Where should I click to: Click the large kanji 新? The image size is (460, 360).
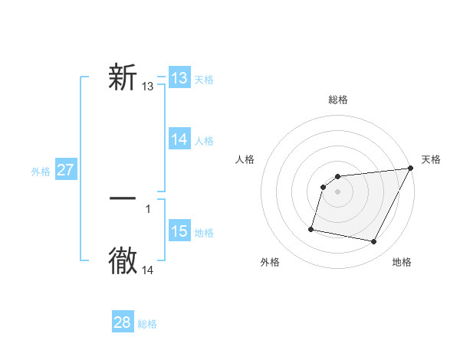click(123, 79)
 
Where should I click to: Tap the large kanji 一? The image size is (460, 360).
click(123, 198)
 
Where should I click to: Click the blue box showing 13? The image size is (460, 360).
click(179, 78)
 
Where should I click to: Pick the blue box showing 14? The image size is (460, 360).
click(179, 139)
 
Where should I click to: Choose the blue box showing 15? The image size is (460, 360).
click(179, 231)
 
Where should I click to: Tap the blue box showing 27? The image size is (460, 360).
click(66, 170)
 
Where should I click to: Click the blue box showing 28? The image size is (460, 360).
click(123, 322)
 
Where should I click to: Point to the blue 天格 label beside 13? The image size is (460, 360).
click(204, 80)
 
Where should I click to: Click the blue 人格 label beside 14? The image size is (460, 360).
click(204, 141)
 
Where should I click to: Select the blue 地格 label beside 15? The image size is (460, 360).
click(204, 233)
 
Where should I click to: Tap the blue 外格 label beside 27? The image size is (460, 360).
click(41, 172)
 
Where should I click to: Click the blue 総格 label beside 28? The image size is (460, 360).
click(147, 324)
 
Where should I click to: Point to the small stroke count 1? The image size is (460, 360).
click(148, 208)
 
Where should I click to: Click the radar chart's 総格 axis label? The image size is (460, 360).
click(337, 100)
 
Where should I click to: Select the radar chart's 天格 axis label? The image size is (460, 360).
click(431, 159)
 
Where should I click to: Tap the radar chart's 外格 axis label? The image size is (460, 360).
click(270, 262)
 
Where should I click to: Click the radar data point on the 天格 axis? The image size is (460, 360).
click(411, 169)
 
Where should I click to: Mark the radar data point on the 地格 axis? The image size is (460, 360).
click(374, 242)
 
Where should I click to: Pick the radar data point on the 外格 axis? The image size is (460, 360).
click(311, 228)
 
